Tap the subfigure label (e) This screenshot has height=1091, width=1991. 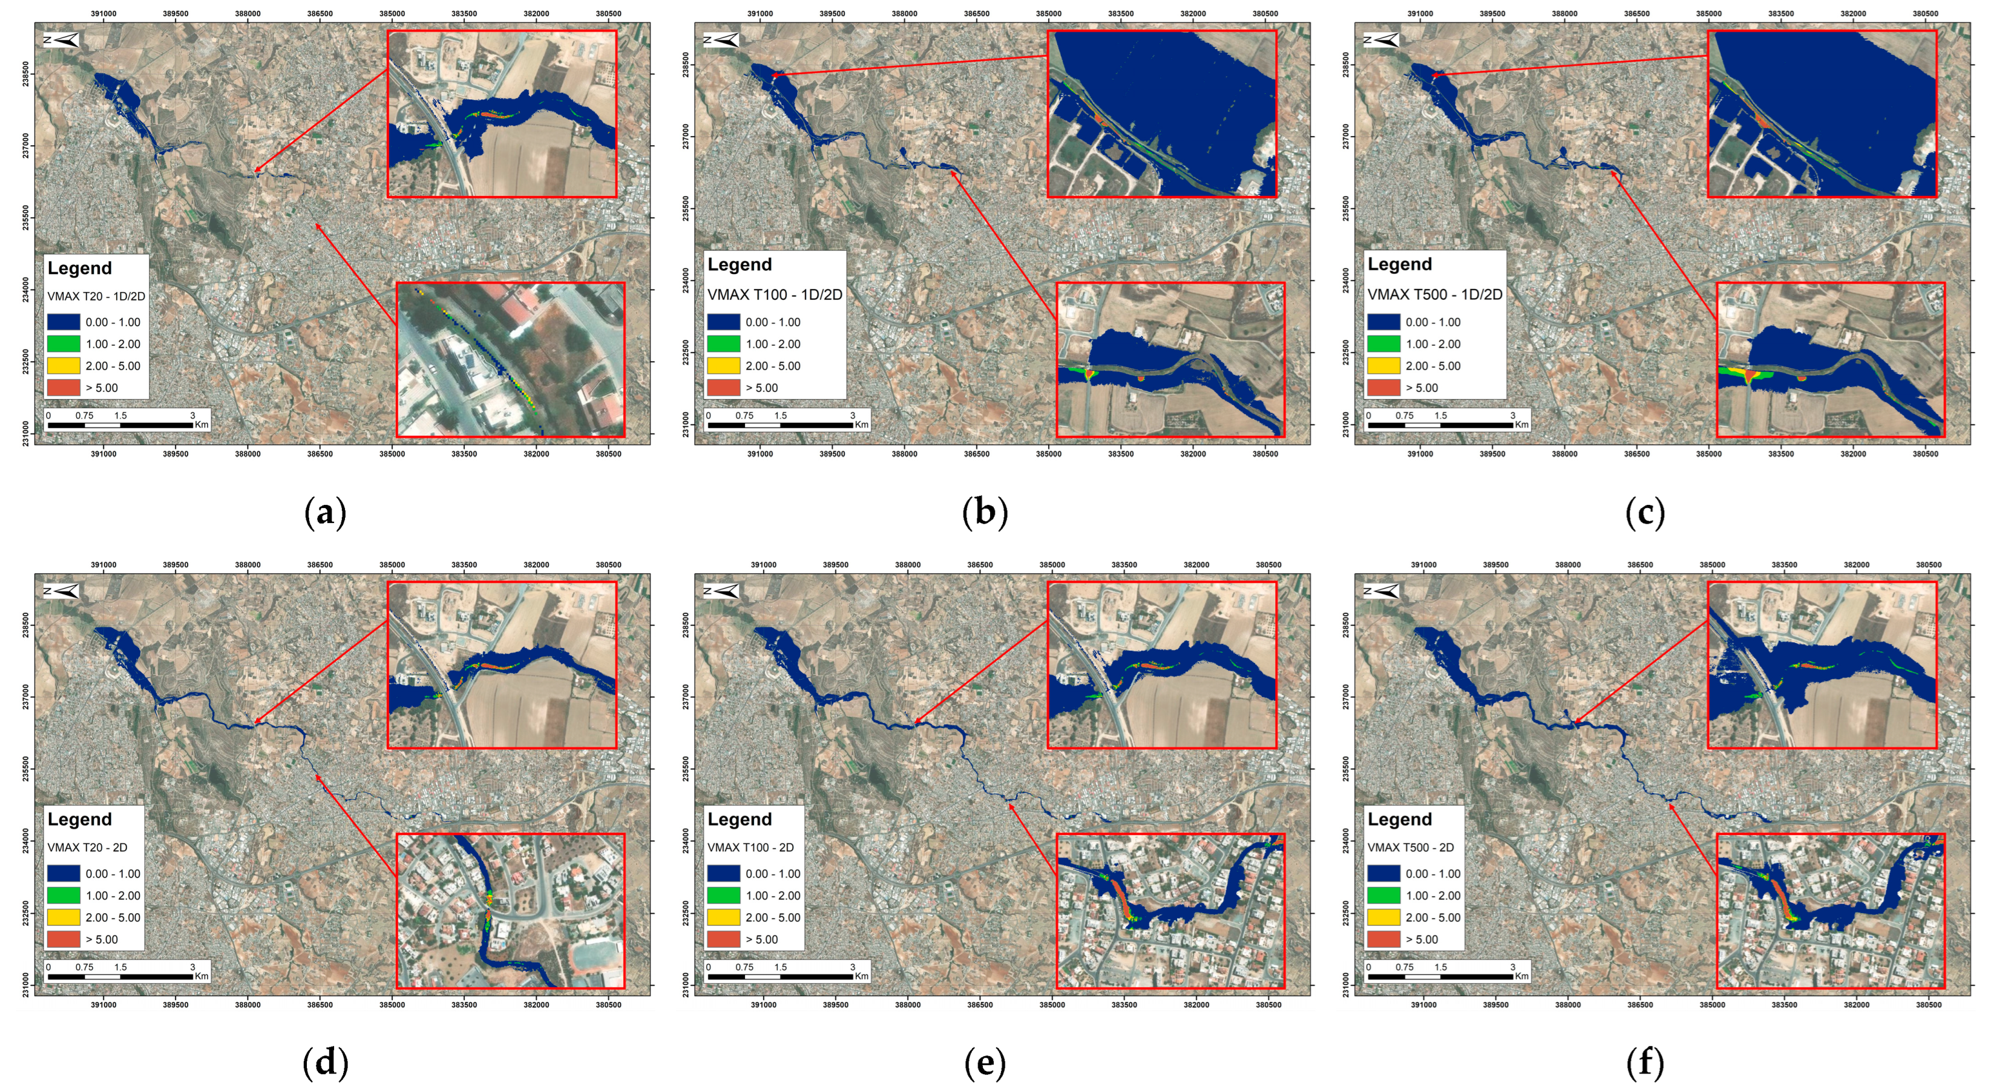pyautogui.click(x=985, y=1063)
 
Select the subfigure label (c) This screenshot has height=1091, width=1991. pyautogui.click(x=1645, y=512)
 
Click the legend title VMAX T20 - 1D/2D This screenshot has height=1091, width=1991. pyautogui.click(x=96, y=296)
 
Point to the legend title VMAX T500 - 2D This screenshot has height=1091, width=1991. pyautogui.click(x=1411, y=847)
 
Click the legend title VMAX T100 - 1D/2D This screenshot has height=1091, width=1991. pyautogui.click(x=775, y=295)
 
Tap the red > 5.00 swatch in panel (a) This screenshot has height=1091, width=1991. pyautogui.click(x=64, y=388)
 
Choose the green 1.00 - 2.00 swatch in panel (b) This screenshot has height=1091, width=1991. pyautogui.click(x=723, y=344)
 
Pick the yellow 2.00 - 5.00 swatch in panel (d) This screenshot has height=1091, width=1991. pyautogui.click(x=64, y=917)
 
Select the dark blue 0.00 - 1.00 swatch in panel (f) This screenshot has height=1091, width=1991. pyautogui.click(x=1383, y=874)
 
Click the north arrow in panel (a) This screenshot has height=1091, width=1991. pyautogui.click(x=61, y=40)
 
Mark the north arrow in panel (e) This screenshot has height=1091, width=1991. pyautogui.click(x=721, y=591)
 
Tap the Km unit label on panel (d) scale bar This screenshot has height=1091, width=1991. pyautogui.click(x=202, y=976)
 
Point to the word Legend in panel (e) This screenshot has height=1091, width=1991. pyautogui.click(x=740, y=819)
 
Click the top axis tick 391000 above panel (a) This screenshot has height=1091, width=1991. pyautogui.click(x=103, y=14)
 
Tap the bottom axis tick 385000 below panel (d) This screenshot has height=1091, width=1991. pyautogui.click(x=392, y=1005)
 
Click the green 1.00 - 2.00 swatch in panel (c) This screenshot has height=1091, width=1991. pyautogui.click(x=1383, y=344)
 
